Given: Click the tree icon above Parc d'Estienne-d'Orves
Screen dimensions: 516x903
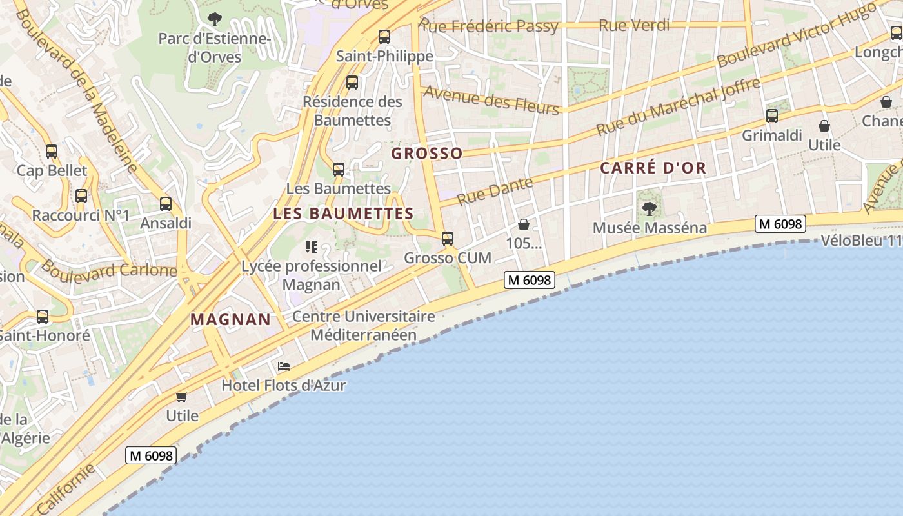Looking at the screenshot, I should point(215,19).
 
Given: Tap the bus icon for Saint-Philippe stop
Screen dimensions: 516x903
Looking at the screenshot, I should point(384,36).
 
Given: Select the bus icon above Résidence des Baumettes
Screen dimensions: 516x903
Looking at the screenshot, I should point(352,82).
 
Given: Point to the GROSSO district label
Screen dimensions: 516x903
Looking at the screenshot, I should point(427,154).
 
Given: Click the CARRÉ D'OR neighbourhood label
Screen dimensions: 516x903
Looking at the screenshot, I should point(653,168).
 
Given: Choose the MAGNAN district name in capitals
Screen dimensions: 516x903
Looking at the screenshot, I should point(231,319).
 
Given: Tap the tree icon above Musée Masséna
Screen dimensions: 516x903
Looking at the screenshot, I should point(649,208).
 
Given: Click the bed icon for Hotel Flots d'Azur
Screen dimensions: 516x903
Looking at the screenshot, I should point(283,366).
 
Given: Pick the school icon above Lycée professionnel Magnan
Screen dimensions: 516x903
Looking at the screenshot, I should point(312,246).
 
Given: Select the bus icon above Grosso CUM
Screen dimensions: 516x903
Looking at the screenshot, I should point(448,238).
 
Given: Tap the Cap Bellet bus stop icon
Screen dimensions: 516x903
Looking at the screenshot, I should point(52,152).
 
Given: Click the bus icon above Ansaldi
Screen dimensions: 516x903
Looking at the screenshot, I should point(166,204).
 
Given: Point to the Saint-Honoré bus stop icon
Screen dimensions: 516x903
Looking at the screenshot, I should point(43,316).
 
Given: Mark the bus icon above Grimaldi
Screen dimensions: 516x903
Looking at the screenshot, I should point(772,116).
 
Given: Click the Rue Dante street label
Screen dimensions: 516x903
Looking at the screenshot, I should point(495,190).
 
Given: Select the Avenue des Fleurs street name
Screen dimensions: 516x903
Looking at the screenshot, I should point(491,101).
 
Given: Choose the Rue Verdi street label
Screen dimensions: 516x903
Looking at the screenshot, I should point(634,25).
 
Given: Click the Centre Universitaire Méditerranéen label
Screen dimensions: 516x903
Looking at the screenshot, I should point(364,326).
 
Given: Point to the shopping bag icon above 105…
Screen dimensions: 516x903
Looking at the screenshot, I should point(524,224).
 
